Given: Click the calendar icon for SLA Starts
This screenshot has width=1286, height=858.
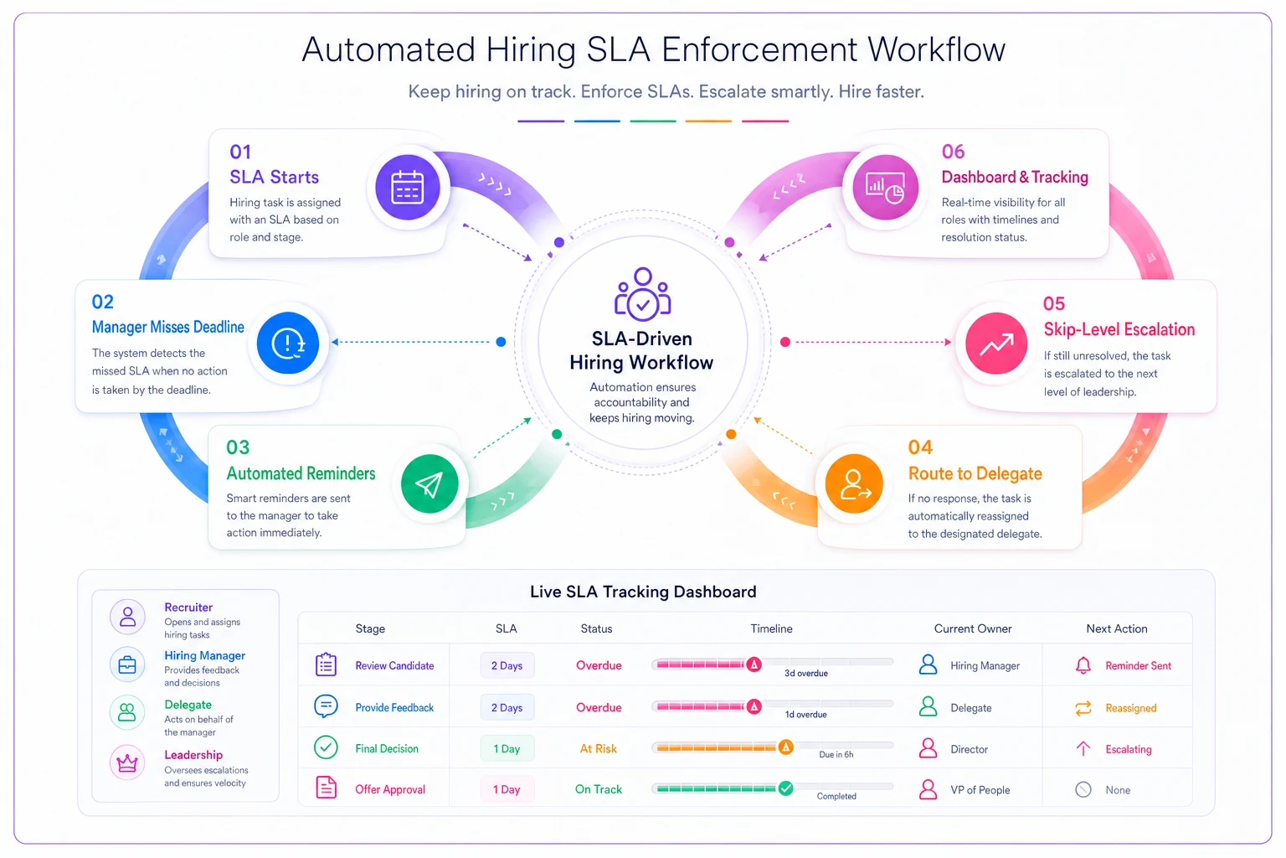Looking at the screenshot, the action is click(x=408, y=188).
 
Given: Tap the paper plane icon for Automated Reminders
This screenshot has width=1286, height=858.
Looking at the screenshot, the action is click(x=430, y=484).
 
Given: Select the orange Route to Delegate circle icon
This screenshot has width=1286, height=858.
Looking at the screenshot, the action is click(x=854, y=483).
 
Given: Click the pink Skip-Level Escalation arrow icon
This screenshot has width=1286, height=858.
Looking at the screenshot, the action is click(x=996, y=343).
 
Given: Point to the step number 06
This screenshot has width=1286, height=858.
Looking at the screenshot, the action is click(x=953, y=152).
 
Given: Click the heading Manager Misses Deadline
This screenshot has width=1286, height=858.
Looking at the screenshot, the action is click(x=167, y=327).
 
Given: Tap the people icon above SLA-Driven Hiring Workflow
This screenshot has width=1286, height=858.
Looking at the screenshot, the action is click(x=642, y=293).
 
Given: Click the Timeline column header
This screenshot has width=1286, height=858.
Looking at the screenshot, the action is click(x=771, y=628).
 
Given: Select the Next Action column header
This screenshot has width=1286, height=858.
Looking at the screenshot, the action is click(x=1117, y=628).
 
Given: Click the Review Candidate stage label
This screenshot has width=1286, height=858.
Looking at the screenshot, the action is click(x=394, y=665).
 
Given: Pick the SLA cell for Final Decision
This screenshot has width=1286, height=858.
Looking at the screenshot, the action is click(x=507, y=748).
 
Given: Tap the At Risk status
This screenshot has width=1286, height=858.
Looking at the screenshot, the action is click(x=599, y=748).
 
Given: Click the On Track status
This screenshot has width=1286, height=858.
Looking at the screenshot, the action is click(x=599, y=789).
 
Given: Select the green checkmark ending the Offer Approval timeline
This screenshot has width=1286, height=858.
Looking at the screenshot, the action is click(x=786, y=788).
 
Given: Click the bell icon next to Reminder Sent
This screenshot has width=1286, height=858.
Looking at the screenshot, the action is click(x=1083, y=665).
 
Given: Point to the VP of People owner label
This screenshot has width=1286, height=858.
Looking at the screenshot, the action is click(x=980, y=789).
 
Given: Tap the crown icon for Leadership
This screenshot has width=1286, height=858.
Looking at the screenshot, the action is click(x=127, y=763).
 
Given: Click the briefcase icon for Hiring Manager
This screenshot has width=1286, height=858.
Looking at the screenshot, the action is click(x=127, y=665).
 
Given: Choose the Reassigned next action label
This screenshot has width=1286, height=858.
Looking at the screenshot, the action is click(x=1131, y=707).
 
